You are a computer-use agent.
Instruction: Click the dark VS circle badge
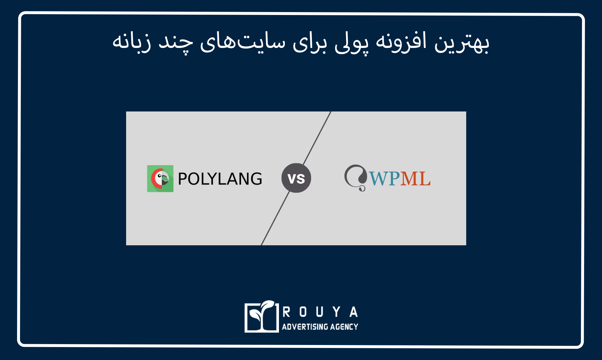tap(296, 178)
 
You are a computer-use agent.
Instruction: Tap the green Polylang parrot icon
tap(160, 179)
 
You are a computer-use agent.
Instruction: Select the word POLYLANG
tap(220, 179)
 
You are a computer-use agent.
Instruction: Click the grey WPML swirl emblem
tap(356, 178)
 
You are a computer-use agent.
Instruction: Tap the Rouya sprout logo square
tap(262, 316)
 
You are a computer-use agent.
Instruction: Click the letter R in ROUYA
tap(286, 312)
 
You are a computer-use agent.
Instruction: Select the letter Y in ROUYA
tap(337, 312)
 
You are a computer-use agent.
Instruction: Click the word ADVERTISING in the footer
tap(305, 326)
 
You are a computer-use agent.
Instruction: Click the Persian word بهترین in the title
tap(462, 43)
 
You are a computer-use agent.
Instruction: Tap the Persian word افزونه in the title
tap(401, 43)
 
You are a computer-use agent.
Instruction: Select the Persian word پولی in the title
tap(351, 44)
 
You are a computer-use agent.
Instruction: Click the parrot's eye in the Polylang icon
tap(159, 176)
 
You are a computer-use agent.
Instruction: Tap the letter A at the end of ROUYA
tap(354, 312)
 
